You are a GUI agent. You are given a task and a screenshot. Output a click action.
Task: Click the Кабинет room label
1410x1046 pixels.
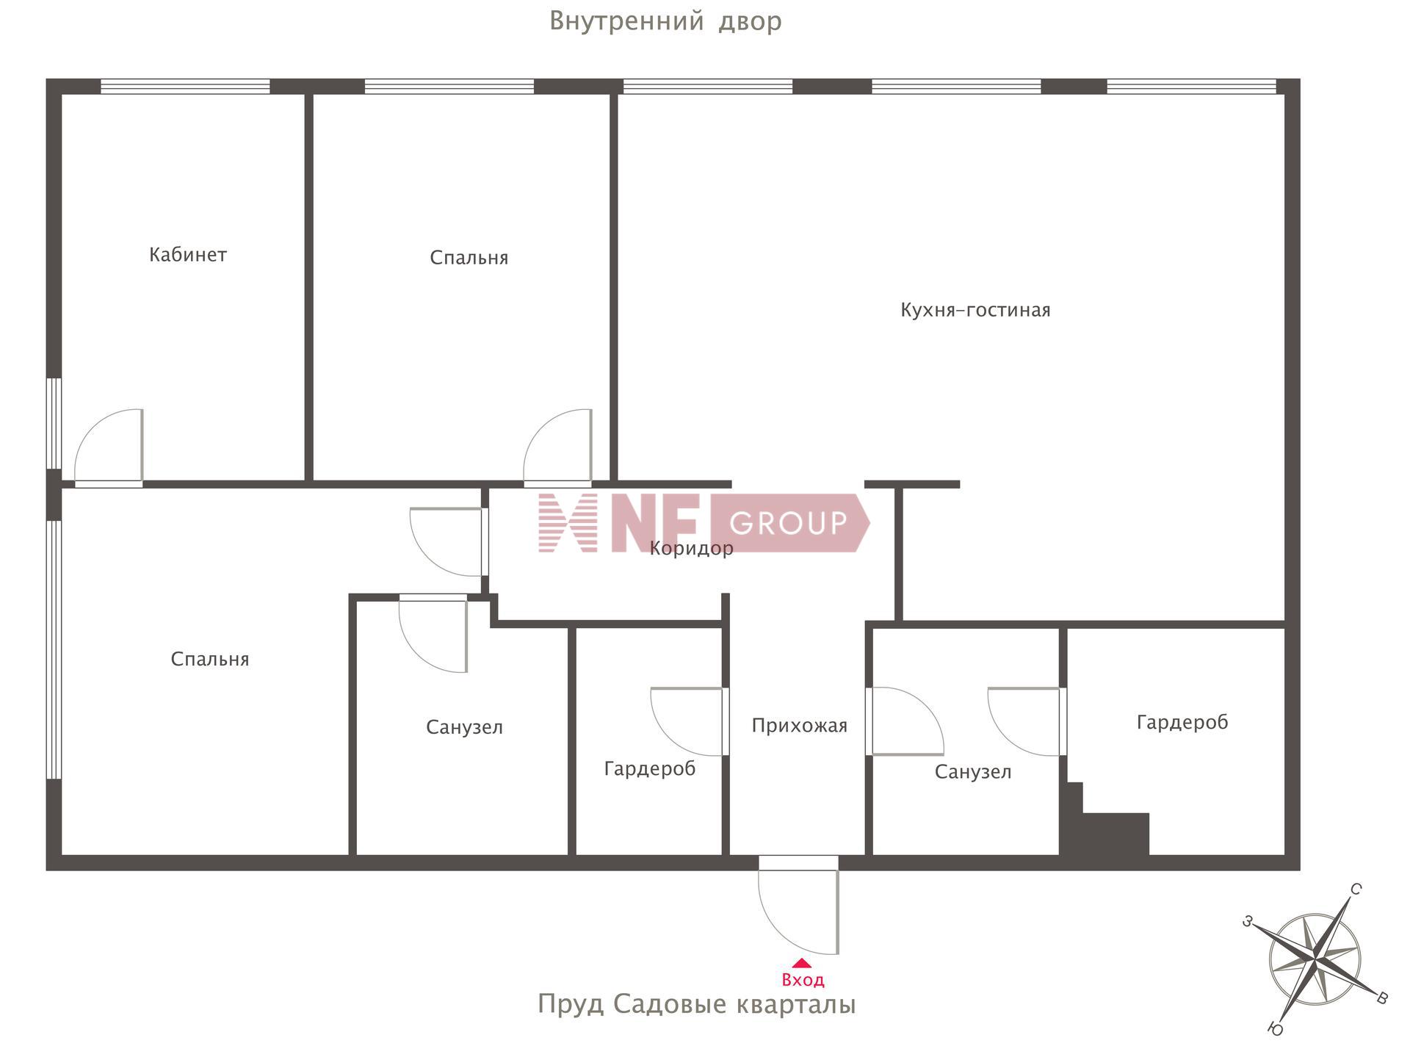coord(188,255)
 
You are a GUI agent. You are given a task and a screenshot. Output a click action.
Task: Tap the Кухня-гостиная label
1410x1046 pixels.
coord(975,310)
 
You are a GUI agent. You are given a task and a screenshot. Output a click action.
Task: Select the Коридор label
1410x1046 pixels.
coord(692,549)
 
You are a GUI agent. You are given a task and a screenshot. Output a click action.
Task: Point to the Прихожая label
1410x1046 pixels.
coord(800,726)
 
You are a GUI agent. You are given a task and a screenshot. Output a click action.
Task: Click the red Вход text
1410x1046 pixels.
coord(803,980)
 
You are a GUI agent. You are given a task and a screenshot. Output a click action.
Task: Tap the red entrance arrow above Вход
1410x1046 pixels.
coord(802,963)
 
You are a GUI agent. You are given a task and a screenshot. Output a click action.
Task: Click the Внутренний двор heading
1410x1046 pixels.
coord(665,21)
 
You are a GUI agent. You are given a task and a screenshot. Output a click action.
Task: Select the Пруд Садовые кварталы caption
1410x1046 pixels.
coord(697,1004)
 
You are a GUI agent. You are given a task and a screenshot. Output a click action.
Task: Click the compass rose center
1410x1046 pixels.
coord(1315,959)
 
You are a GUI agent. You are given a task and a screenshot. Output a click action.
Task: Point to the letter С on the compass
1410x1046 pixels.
coord(1356,890)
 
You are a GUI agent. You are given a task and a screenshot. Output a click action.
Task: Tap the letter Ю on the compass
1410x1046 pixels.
coord(1276,1030)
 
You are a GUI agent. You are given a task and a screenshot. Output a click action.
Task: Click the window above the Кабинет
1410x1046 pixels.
coord(185,87)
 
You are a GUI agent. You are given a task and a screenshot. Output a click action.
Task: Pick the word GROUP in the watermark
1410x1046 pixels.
coord(788,523)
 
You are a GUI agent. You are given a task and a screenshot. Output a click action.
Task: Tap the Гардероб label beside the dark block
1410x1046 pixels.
coord(1182,723)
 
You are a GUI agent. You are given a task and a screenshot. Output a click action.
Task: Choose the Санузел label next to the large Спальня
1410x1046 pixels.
coord(464,727)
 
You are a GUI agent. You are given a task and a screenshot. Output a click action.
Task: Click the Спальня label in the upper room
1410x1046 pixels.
coord(469,258)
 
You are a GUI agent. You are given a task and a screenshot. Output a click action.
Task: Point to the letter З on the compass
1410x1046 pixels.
coord(1247,921)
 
